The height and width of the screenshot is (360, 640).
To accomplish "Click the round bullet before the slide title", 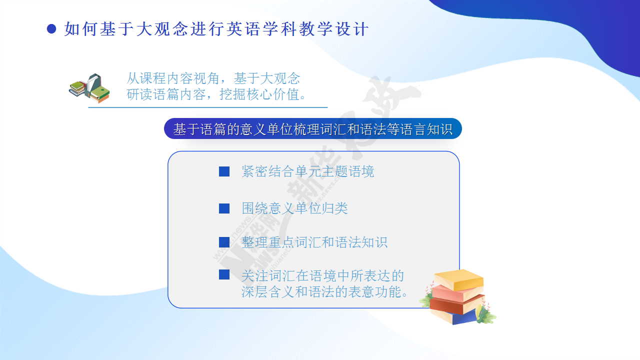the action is point(51,29).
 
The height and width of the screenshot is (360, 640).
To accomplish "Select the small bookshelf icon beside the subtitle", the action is point(89,88).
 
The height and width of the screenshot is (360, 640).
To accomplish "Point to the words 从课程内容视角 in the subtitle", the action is point(172,78).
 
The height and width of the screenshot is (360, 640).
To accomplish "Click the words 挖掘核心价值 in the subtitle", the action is point(259,94).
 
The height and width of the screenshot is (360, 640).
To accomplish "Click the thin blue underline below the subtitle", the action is point(207,107).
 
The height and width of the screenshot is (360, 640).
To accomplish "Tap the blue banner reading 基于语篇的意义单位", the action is point(313,128).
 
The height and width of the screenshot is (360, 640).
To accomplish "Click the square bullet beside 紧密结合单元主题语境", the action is point(224,171).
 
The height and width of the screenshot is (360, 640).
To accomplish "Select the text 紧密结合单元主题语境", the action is point(307,171).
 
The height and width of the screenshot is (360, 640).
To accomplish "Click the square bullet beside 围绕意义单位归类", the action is point(224,208).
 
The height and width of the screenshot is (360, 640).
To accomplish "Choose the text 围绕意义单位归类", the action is point(294,208).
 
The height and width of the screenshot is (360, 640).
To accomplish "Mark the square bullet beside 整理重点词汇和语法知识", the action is point(224,242).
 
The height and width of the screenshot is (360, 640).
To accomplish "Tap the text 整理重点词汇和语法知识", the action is point(314,242).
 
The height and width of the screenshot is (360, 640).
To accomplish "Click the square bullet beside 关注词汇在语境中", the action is point(224,274).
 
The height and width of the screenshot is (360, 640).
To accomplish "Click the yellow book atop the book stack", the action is point(459,279).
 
